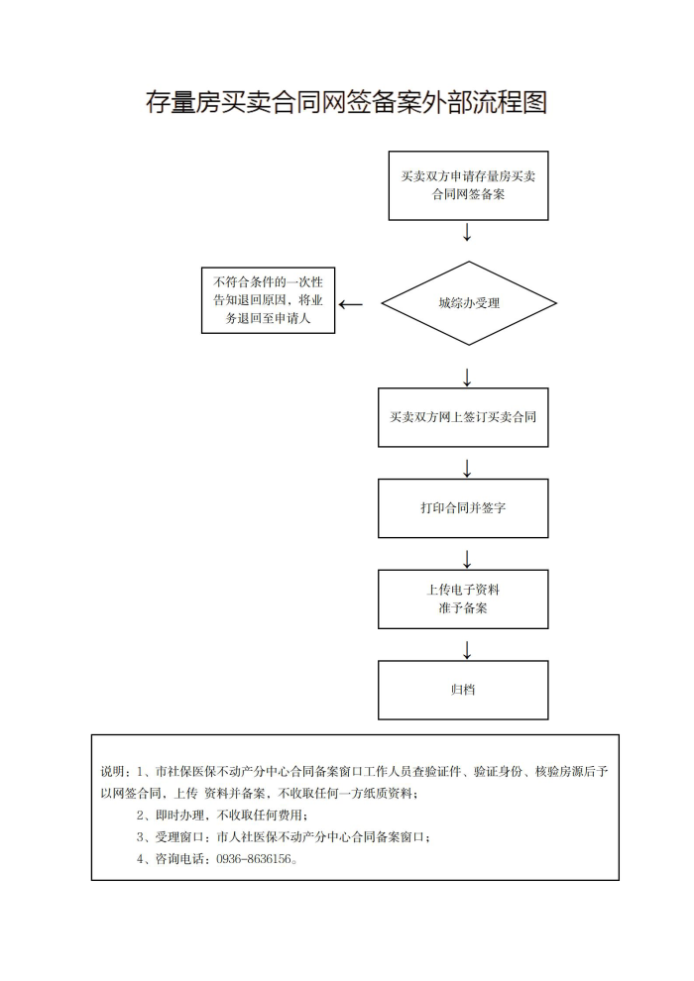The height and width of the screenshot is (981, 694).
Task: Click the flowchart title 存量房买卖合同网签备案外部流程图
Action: (346, 102)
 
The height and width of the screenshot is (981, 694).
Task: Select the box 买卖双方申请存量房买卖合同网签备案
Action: (468, 185)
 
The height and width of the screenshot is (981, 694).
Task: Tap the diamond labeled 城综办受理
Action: (469, 303)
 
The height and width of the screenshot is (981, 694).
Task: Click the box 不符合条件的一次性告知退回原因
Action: (268, 300)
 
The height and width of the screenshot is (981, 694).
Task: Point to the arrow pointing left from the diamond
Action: (350, 304)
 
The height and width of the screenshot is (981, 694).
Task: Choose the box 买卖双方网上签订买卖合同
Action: (463, 417)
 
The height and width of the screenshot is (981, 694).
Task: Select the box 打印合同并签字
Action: (463, 508)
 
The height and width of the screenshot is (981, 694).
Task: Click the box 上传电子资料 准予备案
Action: (463, 599)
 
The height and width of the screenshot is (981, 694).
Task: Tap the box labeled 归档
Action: (463, 690)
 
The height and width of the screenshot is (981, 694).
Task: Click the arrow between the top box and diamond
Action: (467, 232)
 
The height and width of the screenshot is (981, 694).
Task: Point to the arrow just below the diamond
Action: (467, 378)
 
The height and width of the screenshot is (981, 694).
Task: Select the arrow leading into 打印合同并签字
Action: (467, 469)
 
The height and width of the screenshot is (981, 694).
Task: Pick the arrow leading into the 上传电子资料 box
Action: (467, 559)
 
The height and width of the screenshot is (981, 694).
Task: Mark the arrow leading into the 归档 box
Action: (467, 650)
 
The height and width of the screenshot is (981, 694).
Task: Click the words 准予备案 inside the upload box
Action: (463, 608)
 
